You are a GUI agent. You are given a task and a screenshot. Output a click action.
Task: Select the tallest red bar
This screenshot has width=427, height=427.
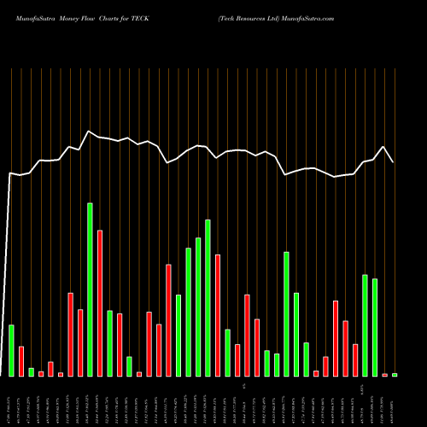100,302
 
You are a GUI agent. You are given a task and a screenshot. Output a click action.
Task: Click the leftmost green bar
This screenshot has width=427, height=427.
12,350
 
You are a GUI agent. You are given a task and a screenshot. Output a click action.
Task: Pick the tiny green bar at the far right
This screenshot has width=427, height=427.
395,375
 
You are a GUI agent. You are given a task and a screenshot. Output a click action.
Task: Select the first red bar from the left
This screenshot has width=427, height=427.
21,360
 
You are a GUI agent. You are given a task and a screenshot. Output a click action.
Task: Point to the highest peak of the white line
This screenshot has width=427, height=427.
89,132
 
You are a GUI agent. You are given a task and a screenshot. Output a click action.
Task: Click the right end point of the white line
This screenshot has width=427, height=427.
393,162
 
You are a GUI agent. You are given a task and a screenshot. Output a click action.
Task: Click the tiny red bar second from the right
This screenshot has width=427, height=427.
385,375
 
